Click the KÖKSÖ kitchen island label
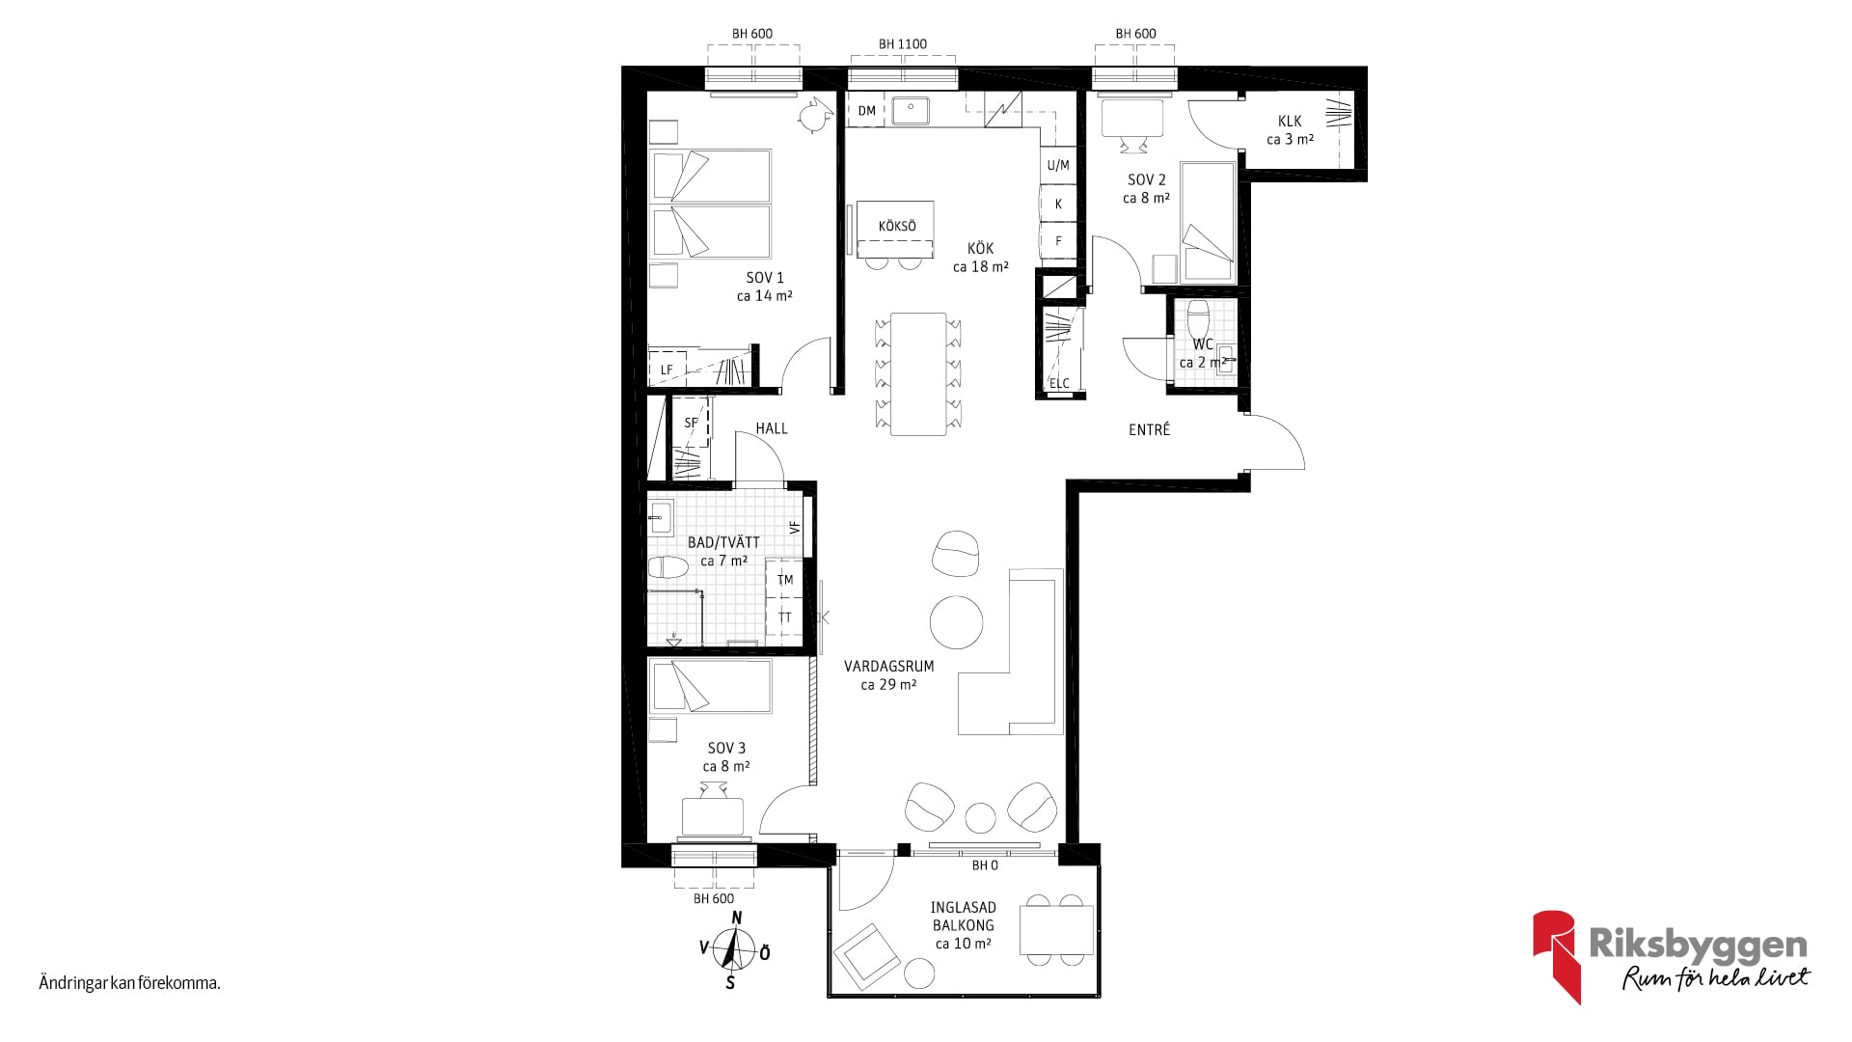click(897, 226)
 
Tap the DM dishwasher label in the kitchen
click(867, 111)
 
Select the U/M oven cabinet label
click(1058, 165)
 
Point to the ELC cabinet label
click(1059, 383)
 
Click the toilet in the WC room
click(1198, 319)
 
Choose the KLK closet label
click(1290, 121)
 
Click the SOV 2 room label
click(1147, 179)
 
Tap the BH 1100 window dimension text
click(903, 44)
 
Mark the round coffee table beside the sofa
click(957, 622)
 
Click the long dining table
click(918, 373)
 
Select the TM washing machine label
click(785, 580)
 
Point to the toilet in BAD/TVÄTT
click(667, 567)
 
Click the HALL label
click(772, 428)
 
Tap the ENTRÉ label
click(1150, 429)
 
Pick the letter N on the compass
click(737, 918)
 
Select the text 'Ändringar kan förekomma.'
click(130, 984)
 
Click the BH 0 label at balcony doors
click(985, 865)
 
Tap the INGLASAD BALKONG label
click(963, 917)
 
